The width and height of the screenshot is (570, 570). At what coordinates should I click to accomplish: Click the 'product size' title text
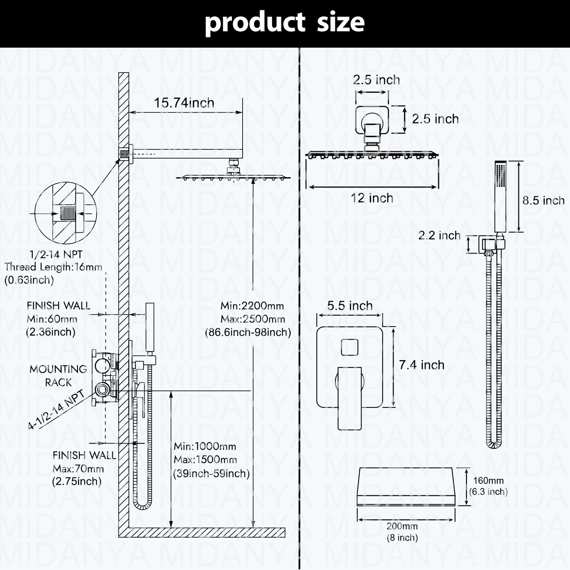pyautogui.click(x=284, y=22)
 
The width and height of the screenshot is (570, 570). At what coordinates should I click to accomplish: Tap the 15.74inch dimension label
pyautogui.click(x=184, y=103)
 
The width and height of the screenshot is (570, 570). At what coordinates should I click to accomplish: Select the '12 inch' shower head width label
pyautogui.click(x=372, y=198)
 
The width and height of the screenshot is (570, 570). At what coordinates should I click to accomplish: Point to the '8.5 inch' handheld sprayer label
pyautogui.click(x=543, y=200)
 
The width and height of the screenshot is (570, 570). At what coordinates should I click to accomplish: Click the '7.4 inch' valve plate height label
pyautogui.click(x=421, y=365)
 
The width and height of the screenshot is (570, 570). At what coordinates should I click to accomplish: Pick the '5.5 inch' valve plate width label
pyautogui.click(x=349, y=306)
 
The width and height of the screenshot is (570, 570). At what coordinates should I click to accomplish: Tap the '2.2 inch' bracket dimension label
pyautogui.click(x=439, y=235)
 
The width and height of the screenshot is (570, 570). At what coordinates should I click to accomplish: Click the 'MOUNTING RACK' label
pyautogui.click(x=58, y=376)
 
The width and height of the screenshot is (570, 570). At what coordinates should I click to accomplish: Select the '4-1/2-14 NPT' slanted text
pyautogui.click(x=56, y=409)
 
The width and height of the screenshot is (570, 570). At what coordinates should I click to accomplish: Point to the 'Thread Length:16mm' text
pyautogui.click(x=53, y=267)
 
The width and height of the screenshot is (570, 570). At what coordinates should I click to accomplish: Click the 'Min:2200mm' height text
pyautogui.click(x=252, y=306)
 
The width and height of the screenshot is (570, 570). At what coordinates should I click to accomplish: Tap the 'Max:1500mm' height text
pyautogui.click(x=205, y=460)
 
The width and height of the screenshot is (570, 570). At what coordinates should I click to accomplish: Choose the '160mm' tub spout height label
pyautogui.click(x=488, y=481)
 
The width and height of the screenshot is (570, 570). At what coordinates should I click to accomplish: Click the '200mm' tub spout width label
pyautogui.click(x=402, y=526)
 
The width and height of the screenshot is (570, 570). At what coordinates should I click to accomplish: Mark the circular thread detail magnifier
pyautogui.click(x=65, y=214)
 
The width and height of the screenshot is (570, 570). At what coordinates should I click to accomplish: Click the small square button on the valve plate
pyautogui.click(x=349, y=348)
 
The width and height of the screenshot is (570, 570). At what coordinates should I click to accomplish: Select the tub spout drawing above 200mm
pyautogui.click(x=406, y=487)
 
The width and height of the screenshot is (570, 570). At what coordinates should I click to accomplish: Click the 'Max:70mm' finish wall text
pyautogui.click(x=78, y=469)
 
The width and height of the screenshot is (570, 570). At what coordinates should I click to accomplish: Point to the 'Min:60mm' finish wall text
pyautogui.click(x=52, y=319)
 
